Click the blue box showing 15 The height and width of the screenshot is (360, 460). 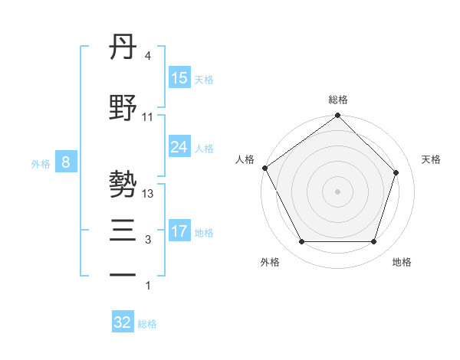[x=179, y=78]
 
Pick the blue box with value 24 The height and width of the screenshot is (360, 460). [x=179, y=147]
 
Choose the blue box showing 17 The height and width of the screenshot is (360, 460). [x=179, y=231]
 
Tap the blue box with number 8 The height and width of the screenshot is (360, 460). [x=66, y=162]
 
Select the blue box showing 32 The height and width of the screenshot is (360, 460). [x=123, y=322]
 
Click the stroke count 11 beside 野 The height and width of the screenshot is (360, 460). [x=148, y=117]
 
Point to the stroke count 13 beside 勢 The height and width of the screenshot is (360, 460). [x=148, y=194]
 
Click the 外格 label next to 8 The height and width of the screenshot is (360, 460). [x=41, y=163]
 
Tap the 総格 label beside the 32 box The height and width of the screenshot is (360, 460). [x=147, y=324]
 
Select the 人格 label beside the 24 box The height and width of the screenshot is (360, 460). [x=203, y=148]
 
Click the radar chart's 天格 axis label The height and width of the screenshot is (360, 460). [x=431, y=159]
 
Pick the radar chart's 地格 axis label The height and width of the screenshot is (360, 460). [x=402, y=262]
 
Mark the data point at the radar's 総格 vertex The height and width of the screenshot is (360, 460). [x=337, y=116]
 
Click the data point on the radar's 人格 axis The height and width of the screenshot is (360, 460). [x=264, y=168]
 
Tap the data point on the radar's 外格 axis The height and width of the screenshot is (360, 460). [x=301, y=242]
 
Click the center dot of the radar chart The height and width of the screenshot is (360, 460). [x=337, y=191]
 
